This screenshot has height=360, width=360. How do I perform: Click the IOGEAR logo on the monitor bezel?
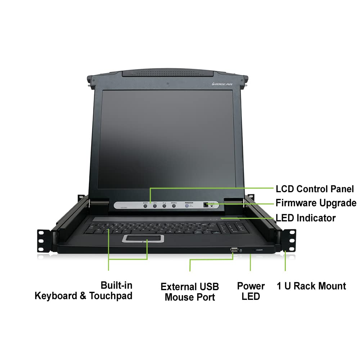point(222,85)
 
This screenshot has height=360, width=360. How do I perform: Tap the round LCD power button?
point(187,206)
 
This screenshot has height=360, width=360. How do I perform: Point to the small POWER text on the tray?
point(259,249)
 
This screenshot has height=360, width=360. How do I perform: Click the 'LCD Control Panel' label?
point(315,189)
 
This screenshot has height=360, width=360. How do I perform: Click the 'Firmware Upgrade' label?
point(316,203)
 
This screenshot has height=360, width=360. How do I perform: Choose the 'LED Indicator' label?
point(305,218)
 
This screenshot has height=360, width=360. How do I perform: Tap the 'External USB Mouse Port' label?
point(190,292)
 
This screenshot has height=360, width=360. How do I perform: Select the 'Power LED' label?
point(251,291)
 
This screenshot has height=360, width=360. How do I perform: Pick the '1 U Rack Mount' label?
point(311,286)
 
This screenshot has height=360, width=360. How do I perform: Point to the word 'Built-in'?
point(116,285)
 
